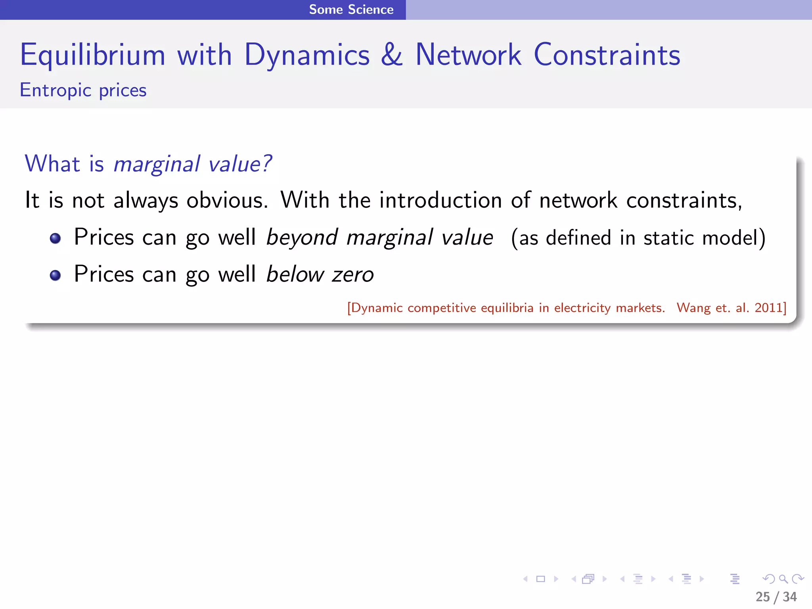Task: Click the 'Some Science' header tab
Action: pos(351,10)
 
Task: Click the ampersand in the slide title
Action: pos(392,55)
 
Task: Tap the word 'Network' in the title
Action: pos(468,55)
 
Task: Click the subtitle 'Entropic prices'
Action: pos(83,90)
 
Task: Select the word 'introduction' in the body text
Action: pos(440,200)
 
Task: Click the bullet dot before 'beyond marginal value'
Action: pos(56,238)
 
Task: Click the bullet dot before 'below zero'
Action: pos(56,275)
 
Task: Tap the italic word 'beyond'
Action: pos(302,238)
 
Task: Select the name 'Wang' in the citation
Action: pos(693,308)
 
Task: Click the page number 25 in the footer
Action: pos(762,597)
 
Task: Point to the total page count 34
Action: pos(790,597)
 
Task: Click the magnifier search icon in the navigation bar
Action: pos(783,579)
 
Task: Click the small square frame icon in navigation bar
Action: pos(540,579)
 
